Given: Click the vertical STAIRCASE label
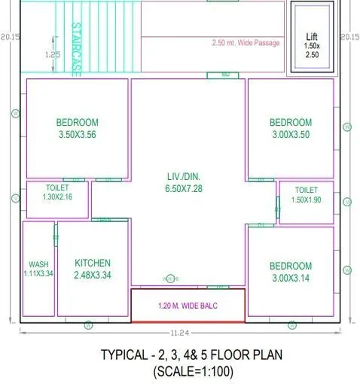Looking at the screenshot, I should coord(75,47).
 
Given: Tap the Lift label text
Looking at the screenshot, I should coord(312,37).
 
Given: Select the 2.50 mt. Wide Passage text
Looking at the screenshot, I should coord(246,43).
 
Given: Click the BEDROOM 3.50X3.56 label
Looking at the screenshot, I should coord(77,129).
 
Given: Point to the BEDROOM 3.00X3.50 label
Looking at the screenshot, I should coord(291,129).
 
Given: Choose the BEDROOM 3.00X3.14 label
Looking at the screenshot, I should coord(291,272).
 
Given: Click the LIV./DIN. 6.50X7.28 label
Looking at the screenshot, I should coord(188,181).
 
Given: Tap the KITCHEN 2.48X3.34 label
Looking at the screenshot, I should coord(93,269).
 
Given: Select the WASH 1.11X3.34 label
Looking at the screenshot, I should coord(38,269).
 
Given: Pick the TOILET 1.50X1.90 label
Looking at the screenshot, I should coord(306,195).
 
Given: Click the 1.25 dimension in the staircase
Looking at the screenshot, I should coord(52,54).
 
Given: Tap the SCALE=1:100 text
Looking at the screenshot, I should coord(193,371).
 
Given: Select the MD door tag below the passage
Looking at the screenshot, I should coord(224,75).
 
